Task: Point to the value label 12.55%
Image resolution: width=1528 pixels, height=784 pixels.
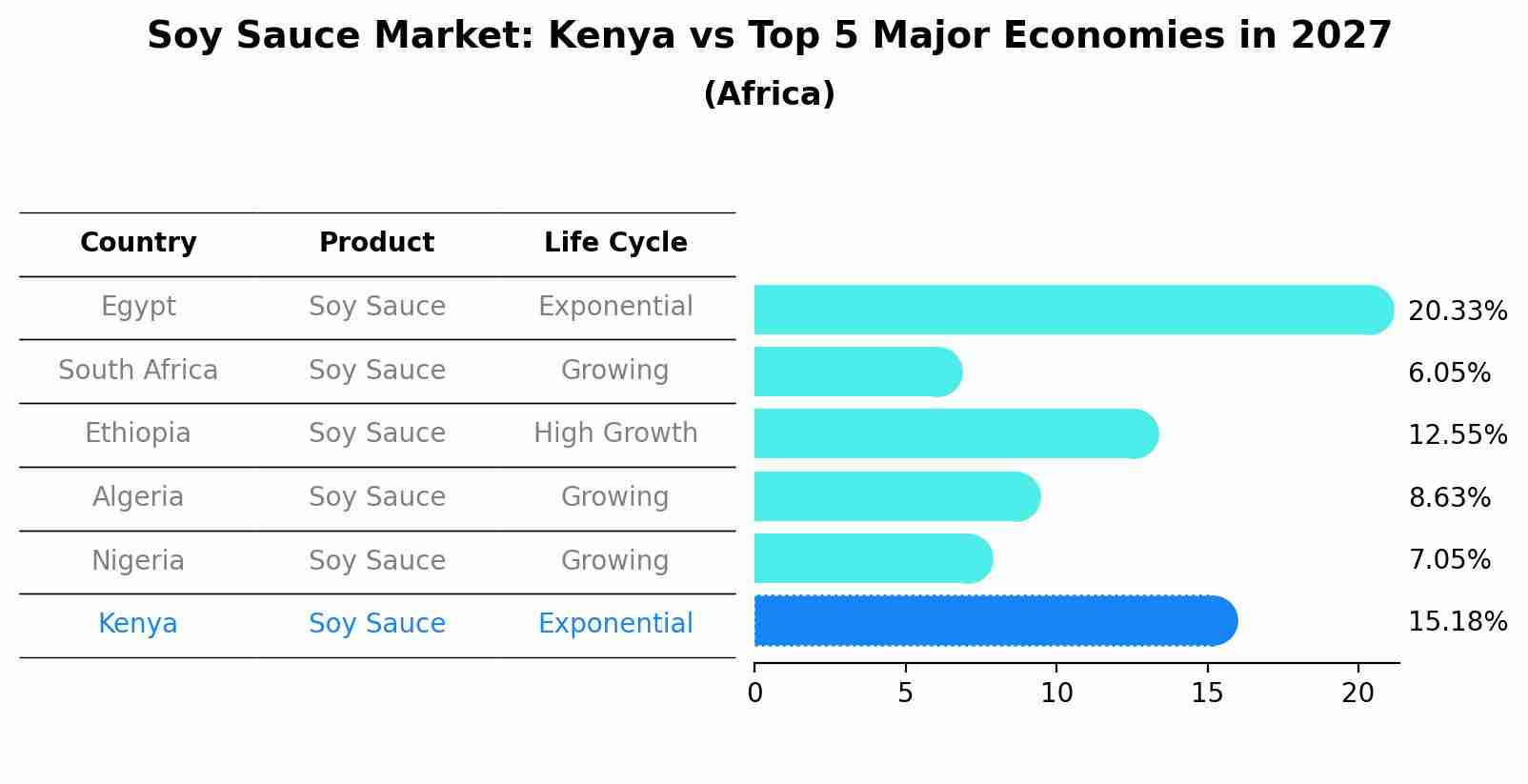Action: pyautogui.click(x=1457, y=435)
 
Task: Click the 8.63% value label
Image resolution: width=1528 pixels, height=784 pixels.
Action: pyautogui.click(x=1449, y=498)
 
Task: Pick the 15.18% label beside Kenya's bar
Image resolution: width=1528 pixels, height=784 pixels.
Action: pyautogui.click(x=1457, y=622)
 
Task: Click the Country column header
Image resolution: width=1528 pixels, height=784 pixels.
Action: pyautogui.click(x=138, y=243)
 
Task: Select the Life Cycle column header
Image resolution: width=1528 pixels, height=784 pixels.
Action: pyautogui.click(x=615, y=243)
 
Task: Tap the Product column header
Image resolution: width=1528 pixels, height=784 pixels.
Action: pyautogui.click(x=376, y=243)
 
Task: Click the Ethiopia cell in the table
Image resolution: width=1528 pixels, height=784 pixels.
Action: pyautogui.click(x=138, y=433)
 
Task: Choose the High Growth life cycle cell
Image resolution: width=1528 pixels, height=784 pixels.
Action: pyautogui.click(x=615, y=433)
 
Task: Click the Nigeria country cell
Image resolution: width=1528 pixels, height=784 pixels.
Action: pyautogui.click(x=138, y=560)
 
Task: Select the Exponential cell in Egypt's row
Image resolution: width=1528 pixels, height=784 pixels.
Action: pyautogui.click(x=615, y=307)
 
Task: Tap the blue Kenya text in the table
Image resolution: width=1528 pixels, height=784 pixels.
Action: pyautogui.click(x=138, y=624)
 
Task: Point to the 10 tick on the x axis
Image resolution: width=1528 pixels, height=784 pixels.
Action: pyautogui.click(x=1056, y=694)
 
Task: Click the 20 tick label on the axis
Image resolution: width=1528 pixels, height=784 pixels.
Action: pyautogui.click(x=1357, y=694)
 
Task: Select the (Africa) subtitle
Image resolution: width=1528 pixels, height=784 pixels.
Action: pyautogui.click(x=769, y=94)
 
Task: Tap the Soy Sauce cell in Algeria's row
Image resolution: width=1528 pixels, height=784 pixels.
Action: pyautogui.click(x=376, y=497)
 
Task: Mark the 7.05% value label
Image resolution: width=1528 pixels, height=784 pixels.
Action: pyautogui.click(x=1449, y=560)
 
